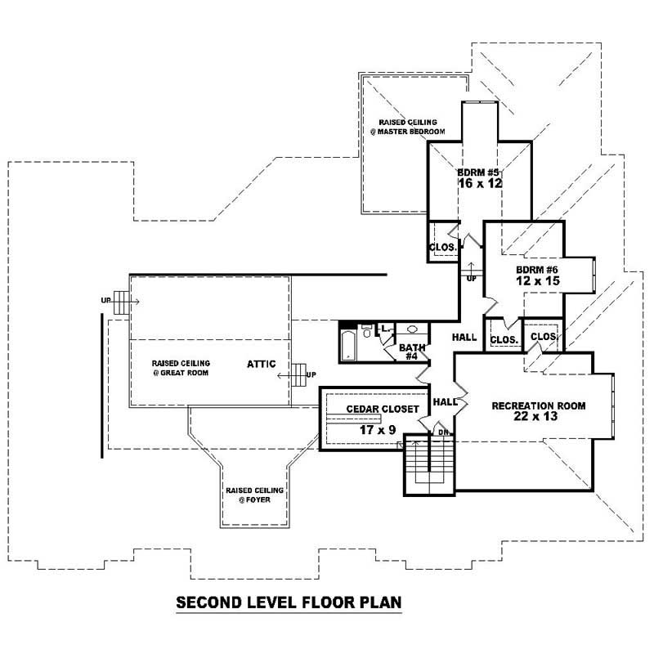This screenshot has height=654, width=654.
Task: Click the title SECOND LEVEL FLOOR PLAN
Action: coord(289,603)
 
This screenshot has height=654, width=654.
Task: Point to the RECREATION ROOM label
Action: coord(538,405)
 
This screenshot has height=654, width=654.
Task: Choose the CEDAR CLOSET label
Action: coord(383,409)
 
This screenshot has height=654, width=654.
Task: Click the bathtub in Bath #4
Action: coord(347,344)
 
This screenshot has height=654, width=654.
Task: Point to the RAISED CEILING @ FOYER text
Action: coord(255,495)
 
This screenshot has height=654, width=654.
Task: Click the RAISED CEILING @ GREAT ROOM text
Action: coord(181,367)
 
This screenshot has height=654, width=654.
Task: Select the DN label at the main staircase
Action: coord(442,432)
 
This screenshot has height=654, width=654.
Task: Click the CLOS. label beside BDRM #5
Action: coord(441,247)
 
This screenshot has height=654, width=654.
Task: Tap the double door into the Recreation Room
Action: coord(462,402)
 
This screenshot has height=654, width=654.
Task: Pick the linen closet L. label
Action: coord(385,329)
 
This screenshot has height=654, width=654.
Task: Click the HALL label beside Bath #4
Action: coord(464,336)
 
